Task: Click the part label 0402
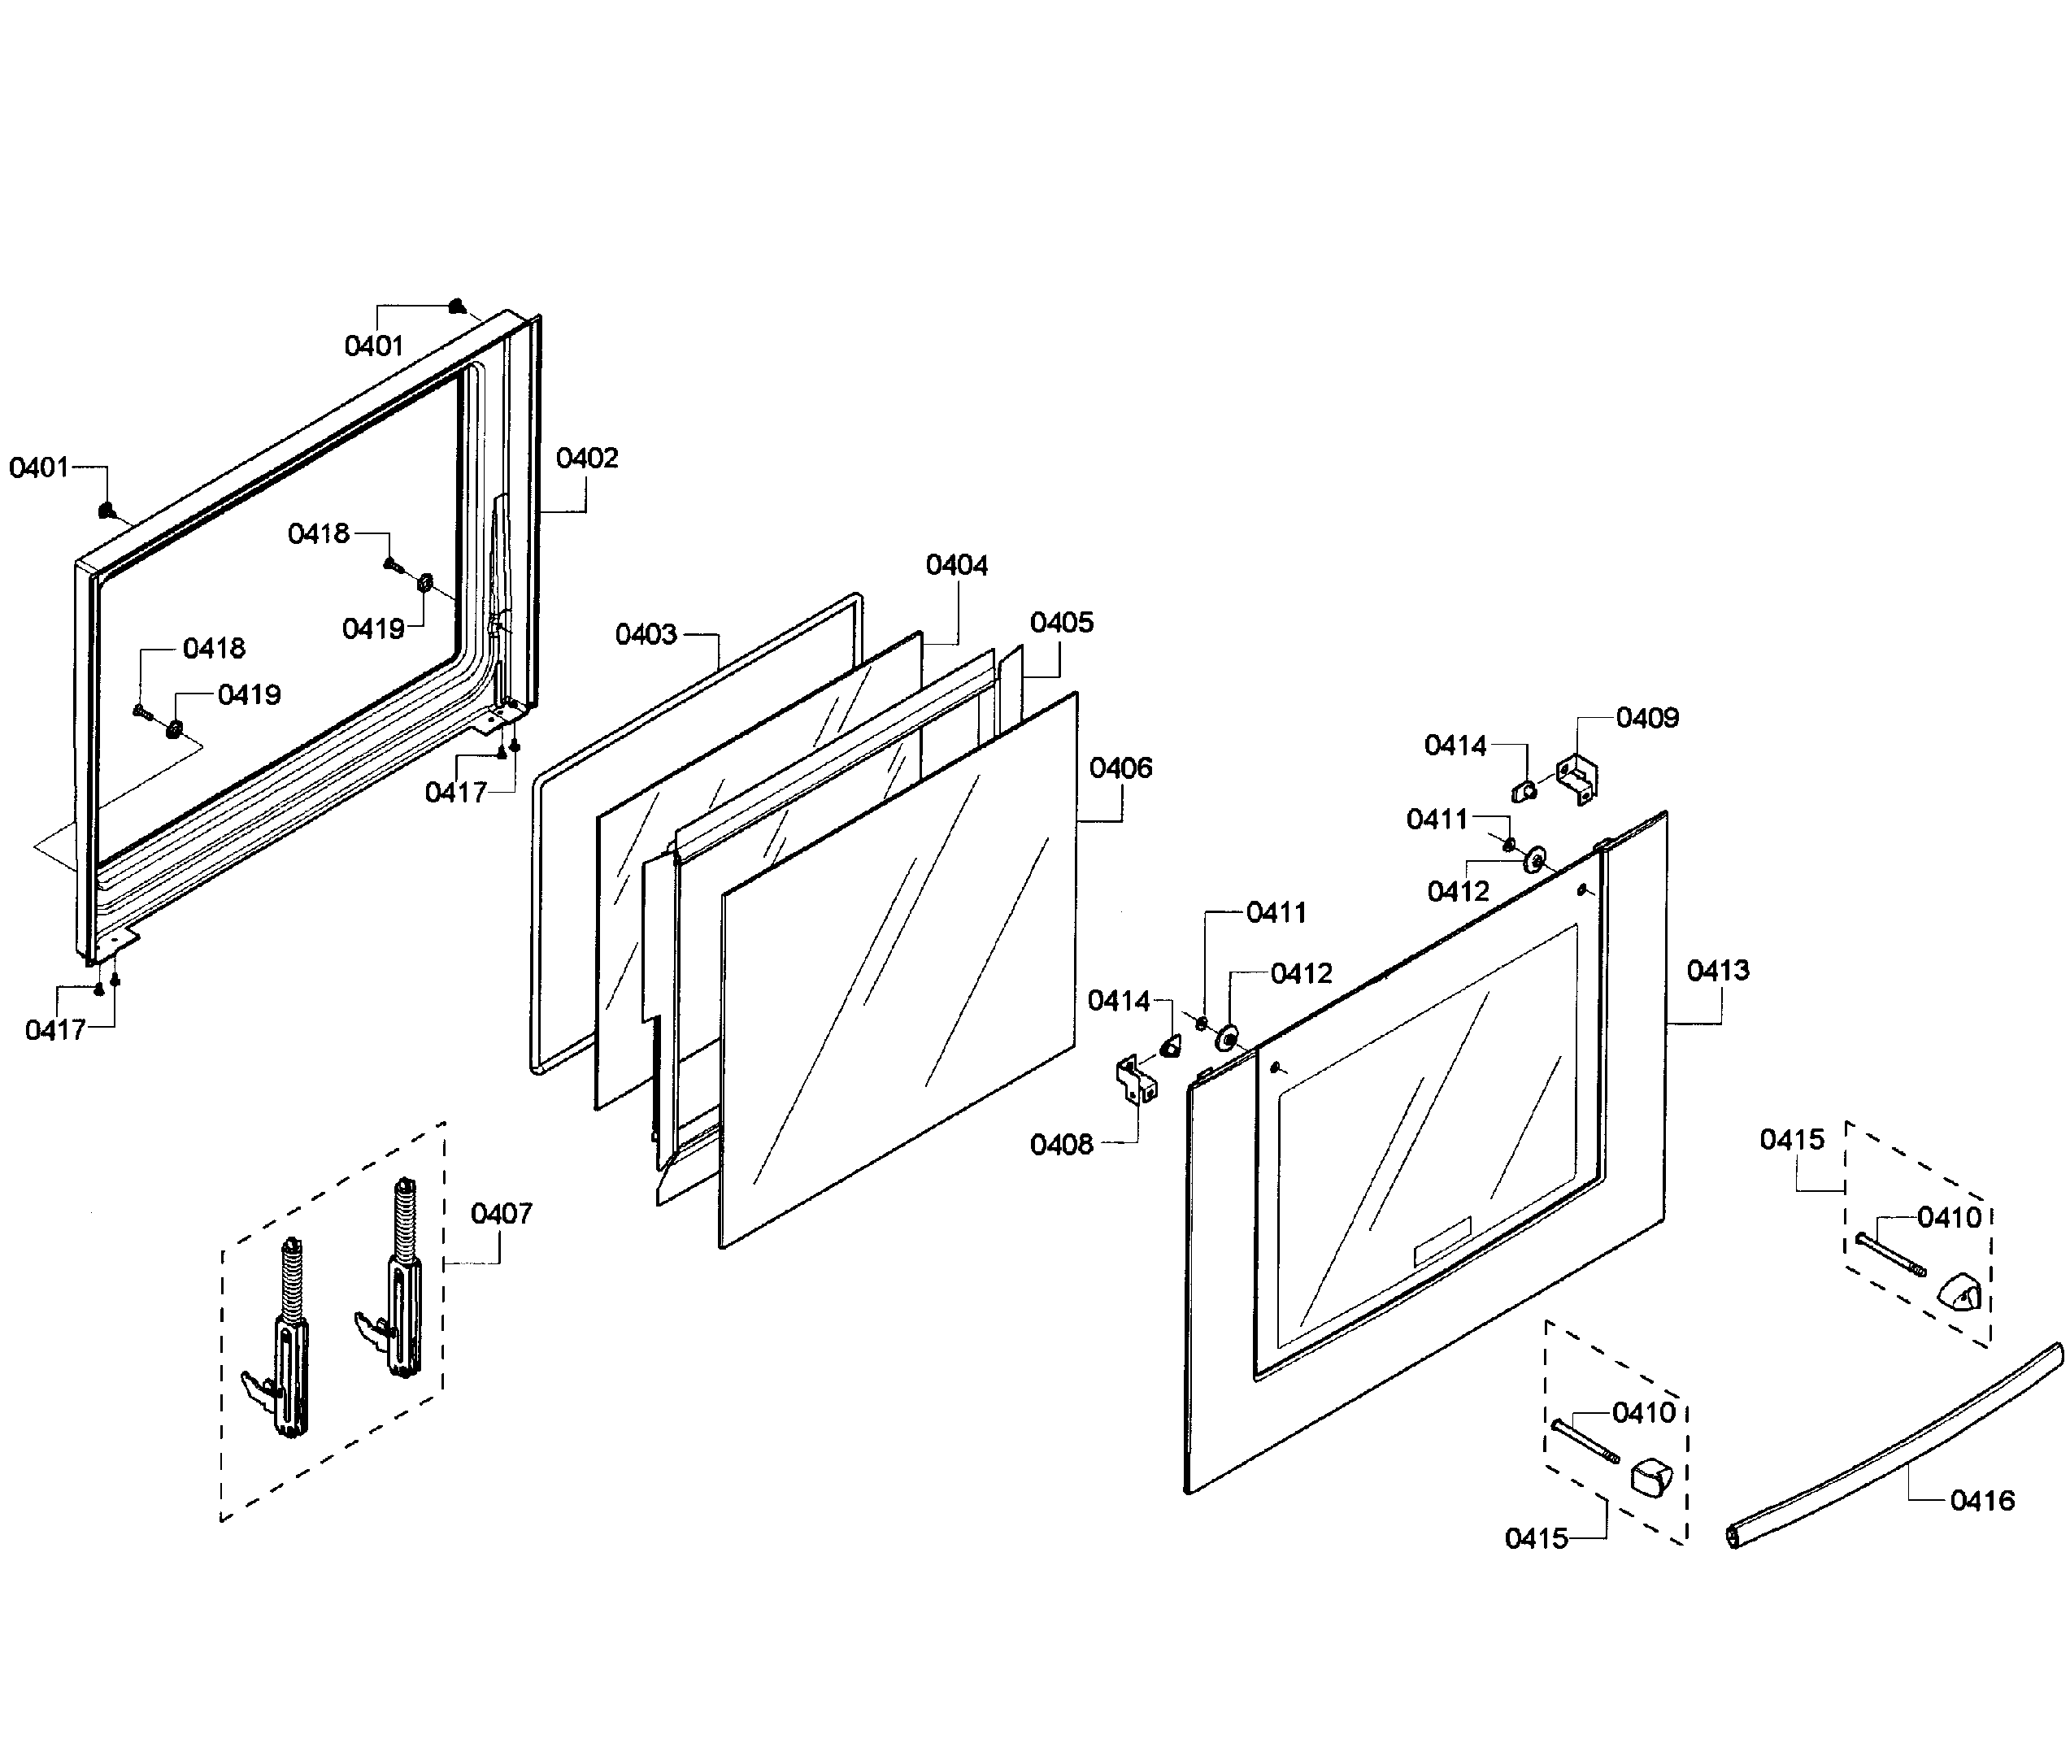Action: pos(587,458)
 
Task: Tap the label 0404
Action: pos(956,565)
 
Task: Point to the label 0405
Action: pos(1061,622)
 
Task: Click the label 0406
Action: pos(1120,768)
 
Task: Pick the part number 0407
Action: pos(502,1213)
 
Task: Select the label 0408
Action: pos(1061,1145)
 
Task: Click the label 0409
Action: pos(1647,717)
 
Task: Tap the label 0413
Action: pos(1718,970)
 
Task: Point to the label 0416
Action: pos(1982,1500)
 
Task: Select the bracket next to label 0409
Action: pos(1577,779)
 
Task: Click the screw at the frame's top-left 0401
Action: pos(106,511)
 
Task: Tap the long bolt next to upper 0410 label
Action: pos(1890,1254)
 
